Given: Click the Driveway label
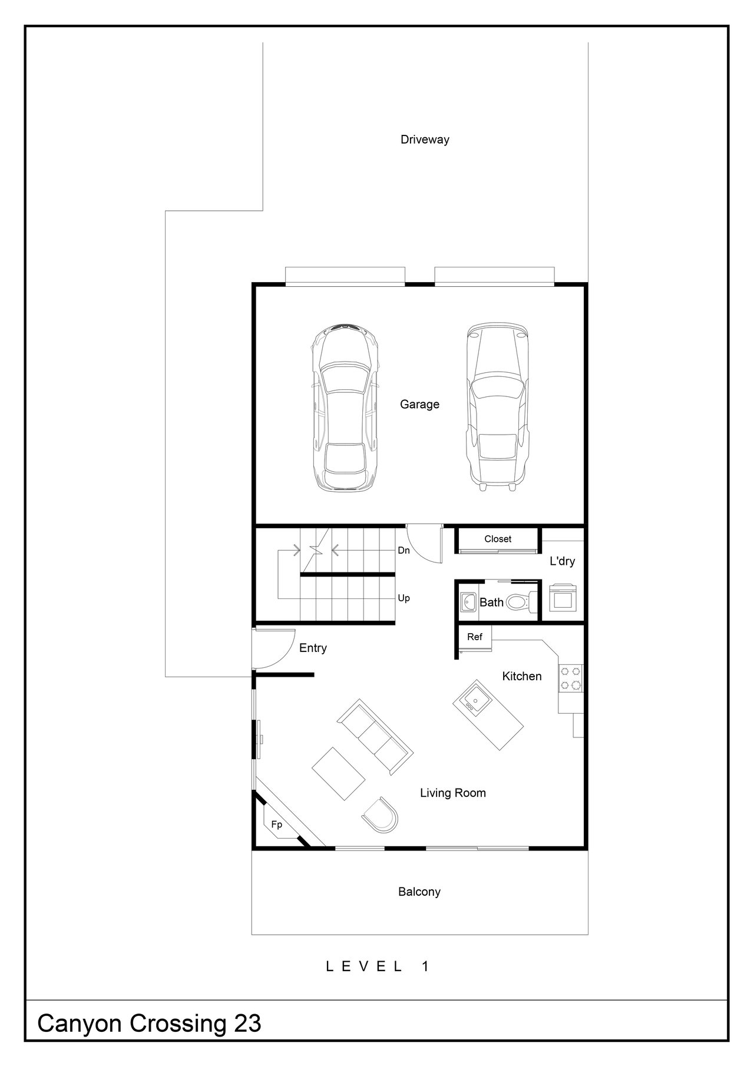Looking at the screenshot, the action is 425,140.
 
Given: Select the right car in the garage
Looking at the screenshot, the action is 497,406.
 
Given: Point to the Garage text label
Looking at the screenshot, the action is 419,405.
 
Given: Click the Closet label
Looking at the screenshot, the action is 498,539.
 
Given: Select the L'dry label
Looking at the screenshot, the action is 562,561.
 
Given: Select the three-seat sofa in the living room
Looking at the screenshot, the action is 375,737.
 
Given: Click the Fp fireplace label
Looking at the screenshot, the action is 277,825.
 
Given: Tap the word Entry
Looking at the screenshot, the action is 313,648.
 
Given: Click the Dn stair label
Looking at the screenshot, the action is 404,551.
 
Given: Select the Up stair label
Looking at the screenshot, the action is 404,598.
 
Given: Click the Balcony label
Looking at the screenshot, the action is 419,892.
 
